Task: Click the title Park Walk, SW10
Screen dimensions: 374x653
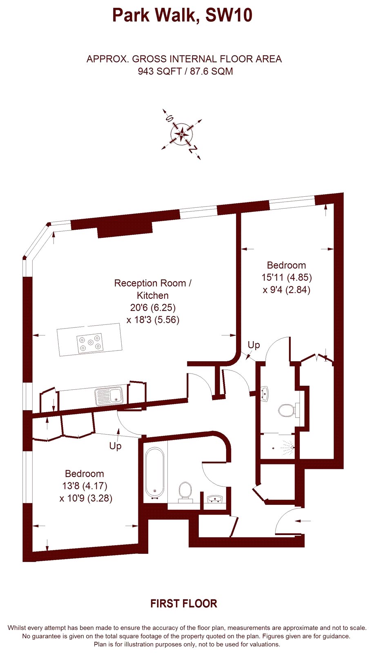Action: (183, 16)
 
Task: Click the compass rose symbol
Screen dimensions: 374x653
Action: (182, 134)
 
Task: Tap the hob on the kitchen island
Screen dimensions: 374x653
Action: (90, 342)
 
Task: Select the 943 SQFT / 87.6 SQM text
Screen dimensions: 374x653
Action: (185, 71)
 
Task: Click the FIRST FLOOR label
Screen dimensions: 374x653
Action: (184, 604)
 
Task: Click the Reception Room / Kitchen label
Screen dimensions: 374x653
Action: (153, 289)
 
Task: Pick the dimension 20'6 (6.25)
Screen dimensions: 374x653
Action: (153, 308)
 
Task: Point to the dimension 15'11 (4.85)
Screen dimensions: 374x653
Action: (287, 277)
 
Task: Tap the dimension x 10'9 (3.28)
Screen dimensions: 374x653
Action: (86, 498)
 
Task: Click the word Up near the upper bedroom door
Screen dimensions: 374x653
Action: (254, 345)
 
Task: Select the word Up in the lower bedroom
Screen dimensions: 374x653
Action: (115, 446)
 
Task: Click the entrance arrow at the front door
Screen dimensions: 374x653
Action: (303, 521)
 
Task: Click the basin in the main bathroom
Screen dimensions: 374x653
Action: (215, 499)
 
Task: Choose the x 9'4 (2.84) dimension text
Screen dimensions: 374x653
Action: (287, 290)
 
